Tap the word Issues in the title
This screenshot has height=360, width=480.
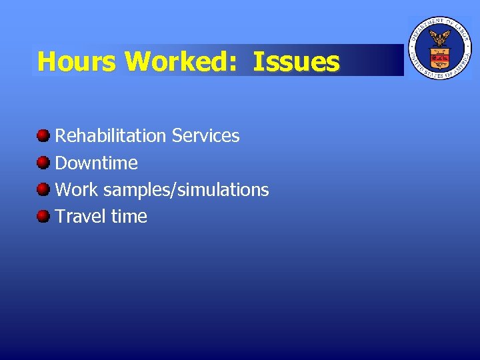296,61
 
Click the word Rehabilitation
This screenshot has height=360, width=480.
110,136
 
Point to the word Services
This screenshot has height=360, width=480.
205,136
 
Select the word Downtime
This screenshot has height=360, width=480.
96,163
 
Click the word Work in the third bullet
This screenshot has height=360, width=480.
75,190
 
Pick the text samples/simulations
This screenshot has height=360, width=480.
186,190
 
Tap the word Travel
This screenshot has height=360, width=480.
81,217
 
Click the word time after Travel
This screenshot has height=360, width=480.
129,217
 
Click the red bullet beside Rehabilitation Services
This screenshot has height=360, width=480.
43,136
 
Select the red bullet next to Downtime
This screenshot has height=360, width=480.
43,163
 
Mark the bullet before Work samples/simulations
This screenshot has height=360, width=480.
43,189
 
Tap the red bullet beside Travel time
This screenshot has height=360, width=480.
43,216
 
